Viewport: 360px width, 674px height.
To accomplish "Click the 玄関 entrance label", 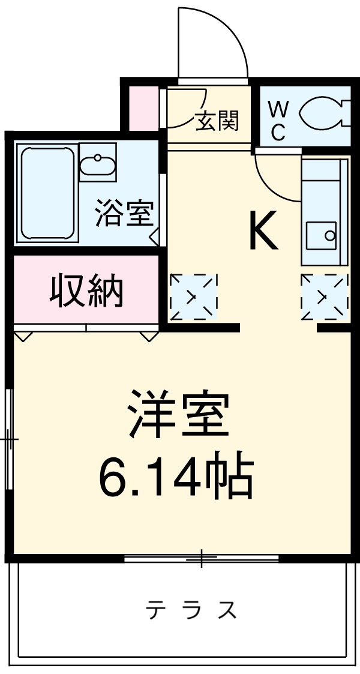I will coord(217,121).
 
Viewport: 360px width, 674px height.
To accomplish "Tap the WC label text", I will coord(277,120).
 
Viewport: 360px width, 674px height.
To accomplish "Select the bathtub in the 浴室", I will coord(47,193).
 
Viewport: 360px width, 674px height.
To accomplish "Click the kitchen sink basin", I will coord(321,235).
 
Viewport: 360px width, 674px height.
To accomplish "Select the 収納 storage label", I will coord(86,291).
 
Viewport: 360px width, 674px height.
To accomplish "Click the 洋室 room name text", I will coord(179,414).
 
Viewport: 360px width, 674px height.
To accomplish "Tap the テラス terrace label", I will coord(191,610).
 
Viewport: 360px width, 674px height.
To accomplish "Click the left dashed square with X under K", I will coord(193,296).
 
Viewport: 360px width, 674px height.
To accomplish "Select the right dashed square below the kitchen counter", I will coord(324,296).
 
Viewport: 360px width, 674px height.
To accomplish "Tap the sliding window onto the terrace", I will coord(202,558).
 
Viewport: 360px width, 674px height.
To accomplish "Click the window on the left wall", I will coord(9,439).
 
